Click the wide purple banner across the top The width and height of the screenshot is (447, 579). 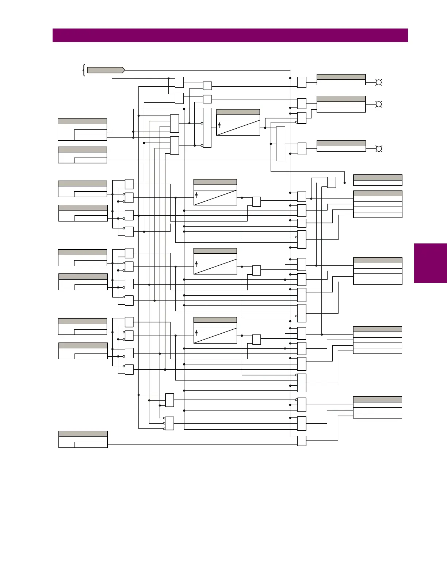pos(230,35)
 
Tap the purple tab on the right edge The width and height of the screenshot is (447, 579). pos(430,263)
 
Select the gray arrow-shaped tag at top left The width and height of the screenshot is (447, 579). pos(106,70)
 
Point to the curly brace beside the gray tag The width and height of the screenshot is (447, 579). pos(84,70)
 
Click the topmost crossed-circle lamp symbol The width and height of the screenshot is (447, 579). pos(379,82)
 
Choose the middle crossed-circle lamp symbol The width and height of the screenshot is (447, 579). pos(379,105)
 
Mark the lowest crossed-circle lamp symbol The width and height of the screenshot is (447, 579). pos(379,149)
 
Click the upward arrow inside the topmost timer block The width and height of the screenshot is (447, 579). pos(219,125)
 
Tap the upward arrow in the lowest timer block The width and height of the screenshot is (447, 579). pos(196,333)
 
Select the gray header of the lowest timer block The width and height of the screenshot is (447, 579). pos(215,320)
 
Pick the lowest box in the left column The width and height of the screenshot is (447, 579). pos(83,439)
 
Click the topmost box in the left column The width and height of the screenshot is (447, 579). pos(82,129)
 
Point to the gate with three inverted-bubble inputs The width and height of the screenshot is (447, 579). pos(169,423)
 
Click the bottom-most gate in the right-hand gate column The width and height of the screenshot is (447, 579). pos(302,441)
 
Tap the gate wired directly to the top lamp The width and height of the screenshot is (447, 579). pos(302,82)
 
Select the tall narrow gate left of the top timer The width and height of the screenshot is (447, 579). pos(207,128)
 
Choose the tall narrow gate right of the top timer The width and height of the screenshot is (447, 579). pos(280,144)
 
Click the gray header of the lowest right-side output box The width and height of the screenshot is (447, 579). pos(377,399)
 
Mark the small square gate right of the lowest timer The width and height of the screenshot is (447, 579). pos(257,340)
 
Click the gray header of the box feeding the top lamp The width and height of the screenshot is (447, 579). pos(341,77)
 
